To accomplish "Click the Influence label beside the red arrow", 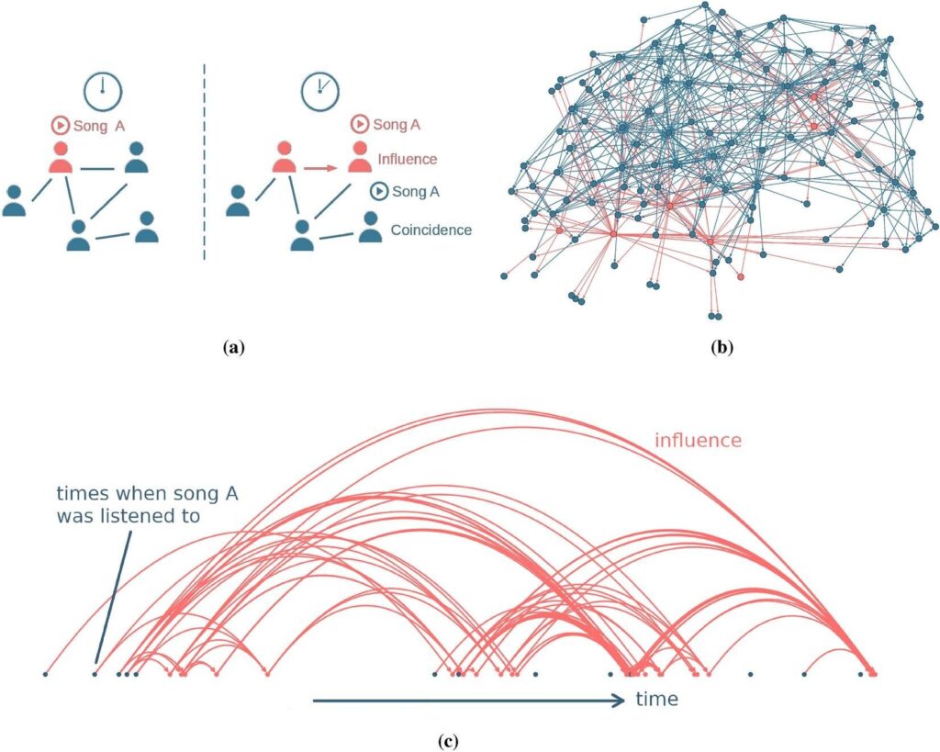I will (x=407, y=159).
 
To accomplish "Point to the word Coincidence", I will (x=431, y=230).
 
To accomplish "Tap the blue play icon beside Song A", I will (x=378, y=192).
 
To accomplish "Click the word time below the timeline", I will (x=657, y=700).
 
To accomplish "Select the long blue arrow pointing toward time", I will (x=468, y=701).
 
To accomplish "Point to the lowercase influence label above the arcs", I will (x=697, y=441).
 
